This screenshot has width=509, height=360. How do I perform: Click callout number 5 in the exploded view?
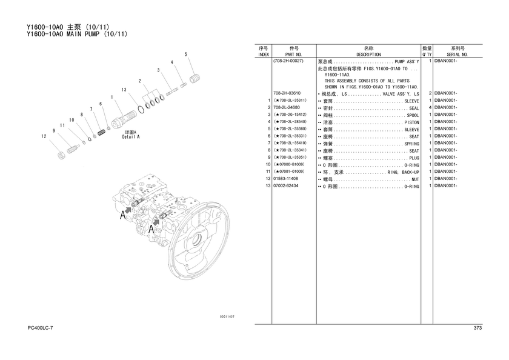pyautogui.click(x=185, y=54)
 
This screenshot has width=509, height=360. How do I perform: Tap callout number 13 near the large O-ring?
pyautogui.click(x=124, y=90)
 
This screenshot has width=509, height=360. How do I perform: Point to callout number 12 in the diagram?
pyautogui.click(x=44, y=136)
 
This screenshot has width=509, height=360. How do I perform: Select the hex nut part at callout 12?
pyautogui.click(x=61, y=156)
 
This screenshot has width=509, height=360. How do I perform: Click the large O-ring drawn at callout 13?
pyautogui.click(x=141, y=110)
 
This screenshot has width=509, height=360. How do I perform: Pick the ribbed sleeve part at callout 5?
pyautogui.click(x=195, y=79)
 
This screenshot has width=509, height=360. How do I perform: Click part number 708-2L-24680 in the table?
pyautogui.click(x=287, y=107)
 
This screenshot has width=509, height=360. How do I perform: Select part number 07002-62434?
pyautogui.click(x=285, y=185)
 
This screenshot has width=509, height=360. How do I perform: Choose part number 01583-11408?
pyautogui.click(x=285, y=179)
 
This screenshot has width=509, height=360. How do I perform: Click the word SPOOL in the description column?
pyautogui.click(x=413, y=115)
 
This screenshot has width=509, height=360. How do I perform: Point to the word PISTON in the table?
pyautogui.click(x=411, y=122)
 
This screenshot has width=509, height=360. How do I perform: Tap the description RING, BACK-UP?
pyautogui.click(x=403, y=172)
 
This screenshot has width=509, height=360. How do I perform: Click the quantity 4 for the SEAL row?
pyautogui.click(x=430, y=107)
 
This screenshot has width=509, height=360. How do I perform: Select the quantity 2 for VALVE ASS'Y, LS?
pyautogui.click(x=430, y=93)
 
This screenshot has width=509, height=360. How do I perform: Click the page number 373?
pyautogui.click(x=477, y=328)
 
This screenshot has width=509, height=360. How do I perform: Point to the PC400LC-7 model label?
pyautogui.click(x=40, y=328)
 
